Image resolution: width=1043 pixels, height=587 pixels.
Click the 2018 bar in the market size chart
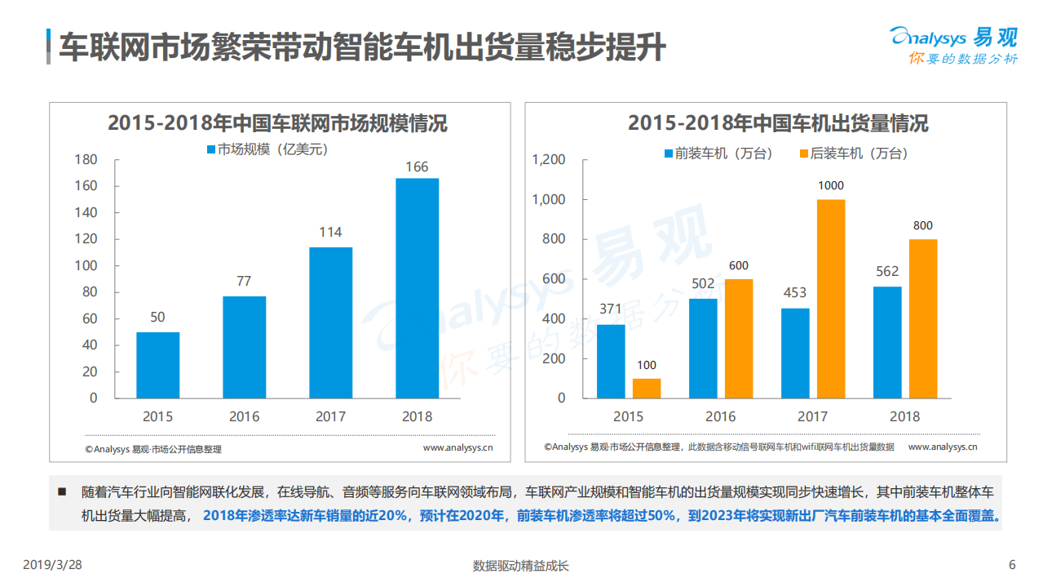(417, 288)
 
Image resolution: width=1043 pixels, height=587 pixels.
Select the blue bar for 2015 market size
(157, 365)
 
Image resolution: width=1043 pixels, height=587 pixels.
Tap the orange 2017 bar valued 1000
(831, 299)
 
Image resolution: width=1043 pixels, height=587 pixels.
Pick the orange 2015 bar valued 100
(647, 389)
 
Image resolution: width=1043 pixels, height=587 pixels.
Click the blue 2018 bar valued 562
(887, 342)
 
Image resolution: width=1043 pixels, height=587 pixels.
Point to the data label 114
(330, 233)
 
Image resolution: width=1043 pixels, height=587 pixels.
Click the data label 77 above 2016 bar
(244, 281)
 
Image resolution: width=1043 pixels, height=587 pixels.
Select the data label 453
(794, 293)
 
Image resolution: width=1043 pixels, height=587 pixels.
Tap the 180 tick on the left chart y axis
(85, 159)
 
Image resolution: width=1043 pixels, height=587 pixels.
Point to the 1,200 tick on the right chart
(548, 160)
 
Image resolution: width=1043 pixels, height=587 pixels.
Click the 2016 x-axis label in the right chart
(720, 416)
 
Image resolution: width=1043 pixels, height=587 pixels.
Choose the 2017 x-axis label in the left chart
(330, 416)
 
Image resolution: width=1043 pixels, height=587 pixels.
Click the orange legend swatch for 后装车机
(803, 153)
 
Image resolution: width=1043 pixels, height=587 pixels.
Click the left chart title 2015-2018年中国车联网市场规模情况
(277, 124)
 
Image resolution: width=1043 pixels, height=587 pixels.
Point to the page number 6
(1012, 565)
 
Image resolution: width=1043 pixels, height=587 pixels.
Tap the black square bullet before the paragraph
(61, 491)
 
